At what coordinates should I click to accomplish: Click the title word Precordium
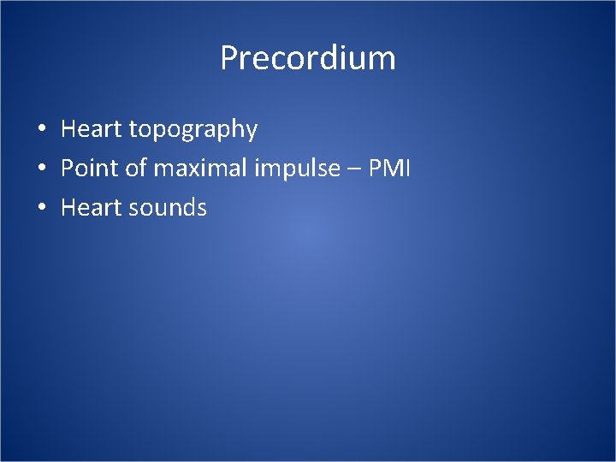pos(308,58)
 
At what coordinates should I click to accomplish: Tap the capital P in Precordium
pos(229,58)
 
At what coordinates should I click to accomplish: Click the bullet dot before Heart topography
pos(41,130)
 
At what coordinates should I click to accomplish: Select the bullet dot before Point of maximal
pos(41,169)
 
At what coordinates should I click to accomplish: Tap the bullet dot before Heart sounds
pos(41,209)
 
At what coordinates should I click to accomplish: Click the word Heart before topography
pos(92,129)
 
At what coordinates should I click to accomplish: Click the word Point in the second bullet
pos(90,169)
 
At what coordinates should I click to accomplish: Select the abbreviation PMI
pos(390,169)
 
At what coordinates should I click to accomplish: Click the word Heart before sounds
pos(92,208)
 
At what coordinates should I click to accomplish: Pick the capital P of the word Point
pos(67,169)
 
